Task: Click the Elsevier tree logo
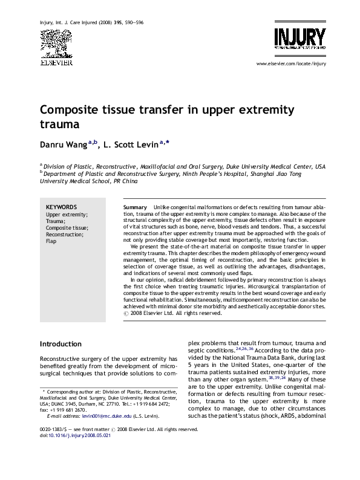56,42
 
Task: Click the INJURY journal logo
299,37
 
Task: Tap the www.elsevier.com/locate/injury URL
291,63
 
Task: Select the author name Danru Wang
64,145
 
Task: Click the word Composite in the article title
68,111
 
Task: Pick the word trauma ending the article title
59,125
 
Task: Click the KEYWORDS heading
61,207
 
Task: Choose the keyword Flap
51,241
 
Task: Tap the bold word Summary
135,207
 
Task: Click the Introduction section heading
61,344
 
